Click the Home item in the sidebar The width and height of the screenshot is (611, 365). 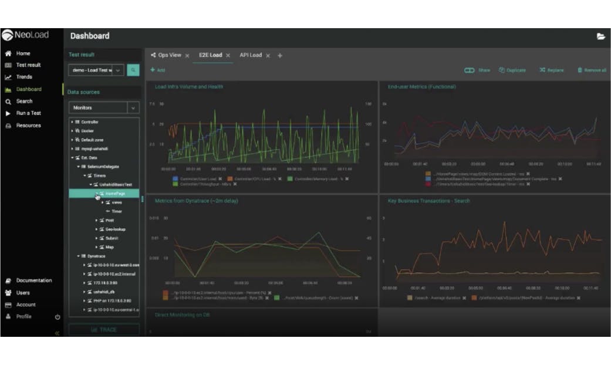click(23, 53)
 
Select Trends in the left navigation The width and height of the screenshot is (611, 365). click(24, 77)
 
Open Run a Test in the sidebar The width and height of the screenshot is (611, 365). click(28, 113)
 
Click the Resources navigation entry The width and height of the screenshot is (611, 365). click(28, 126)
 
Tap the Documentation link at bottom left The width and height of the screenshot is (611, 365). click(33, 280)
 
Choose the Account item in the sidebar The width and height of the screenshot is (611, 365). click(26, 305)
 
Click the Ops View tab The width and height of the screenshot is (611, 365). click(170, 55)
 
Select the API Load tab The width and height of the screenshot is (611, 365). click(251, 55)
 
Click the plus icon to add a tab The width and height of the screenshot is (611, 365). click(280, 56)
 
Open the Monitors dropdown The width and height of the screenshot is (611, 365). click(104, 108)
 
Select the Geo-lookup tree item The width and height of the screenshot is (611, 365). click(115, 229)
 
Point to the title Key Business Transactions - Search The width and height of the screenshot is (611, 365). click(429, 201)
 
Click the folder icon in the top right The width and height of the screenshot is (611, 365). click(600, 36)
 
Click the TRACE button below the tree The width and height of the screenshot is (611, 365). click(104, 330)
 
